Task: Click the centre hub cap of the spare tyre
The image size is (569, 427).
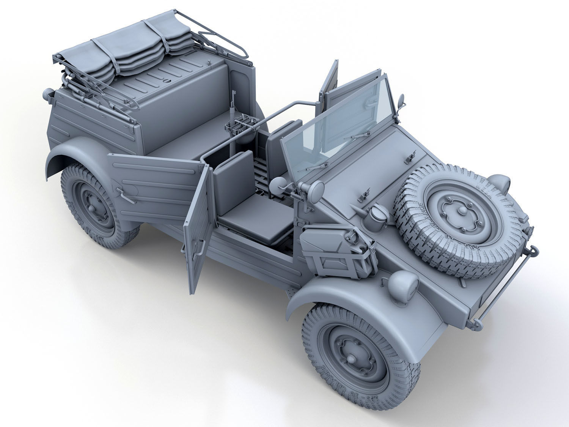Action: click(460, 211)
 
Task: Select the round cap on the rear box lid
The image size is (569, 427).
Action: click(167, 80)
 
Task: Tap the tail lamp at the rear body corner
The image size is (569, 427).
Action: click(48, 94)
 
